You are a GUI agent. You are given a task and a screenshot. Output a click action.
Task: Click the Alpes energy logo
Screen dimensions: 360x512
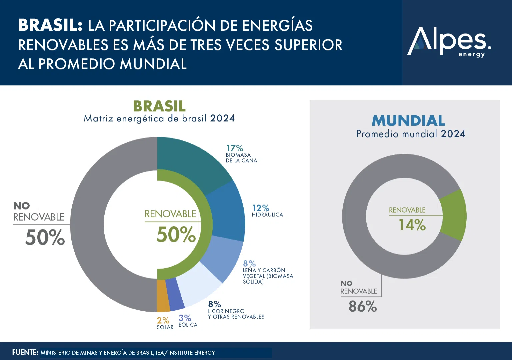[x=449, y=42]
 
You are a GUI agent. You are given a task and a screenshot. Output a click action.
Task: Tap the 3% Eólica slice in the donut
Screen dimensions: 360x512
[x=174, y=294]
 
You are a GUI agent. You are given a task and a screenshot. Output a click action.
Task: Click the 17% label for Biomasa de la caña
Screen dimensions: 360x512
[x=235, y=148]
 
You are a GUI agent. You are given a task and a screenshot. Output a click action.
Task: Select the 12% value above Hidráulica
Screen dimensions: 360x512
[x=261, y=208]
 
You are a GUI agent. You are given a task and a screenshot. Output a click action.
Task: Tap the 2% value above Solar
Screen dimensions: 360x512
[x=163, y=320]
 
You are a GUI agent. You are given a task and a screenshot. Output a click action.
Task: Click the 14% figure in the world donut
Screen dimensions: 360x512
[x=412, y=225]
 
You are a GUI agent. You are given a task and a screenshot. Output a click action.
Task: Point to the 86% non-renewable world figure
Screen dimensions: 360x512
[x=363, y=306]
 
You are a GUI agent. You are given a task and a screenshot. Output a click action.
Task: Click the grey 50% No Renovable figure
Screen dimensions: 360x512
[x=45, y=238]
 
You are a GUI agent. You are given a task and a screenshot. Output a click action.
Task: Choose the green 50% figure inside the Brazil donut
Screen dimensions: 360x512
[x=176, y=235]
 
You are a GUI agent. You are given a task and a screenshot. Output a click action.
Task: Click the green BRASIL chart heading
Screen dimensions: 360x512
[x=159, y=106]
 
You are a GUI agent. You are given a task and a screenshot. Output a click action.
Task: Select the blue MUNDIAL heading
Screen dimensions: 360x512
[x=408, y=121]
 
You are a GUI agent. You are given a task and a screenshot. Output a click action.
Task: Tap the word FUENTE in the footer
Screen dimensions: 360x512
[x=25, y=352]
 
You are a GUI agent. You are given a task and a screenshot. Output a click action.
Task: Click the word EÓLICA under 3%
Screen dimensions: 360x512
[x=188, y=325]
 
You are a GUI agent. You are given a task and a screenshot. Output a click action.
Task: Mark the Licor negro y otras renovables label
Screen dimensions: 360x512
[x=236, y=314]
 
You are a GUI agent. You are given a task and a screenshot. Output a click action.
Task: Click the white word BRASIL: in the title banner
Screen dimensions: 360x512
[x=50, y=25]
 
